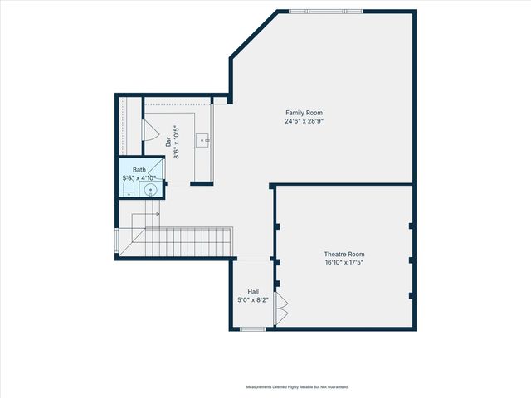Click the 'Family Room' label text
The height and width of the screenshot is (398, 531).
[x=304, y=113]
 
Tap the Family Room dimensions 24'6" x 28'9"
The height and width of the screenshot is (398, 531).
[x=304, y=121]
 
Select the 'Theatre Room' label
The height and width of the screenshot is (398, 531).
[x=343, y=254]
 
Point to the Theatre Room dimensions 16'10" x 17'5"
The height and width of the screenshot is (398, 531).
[x=343, y=262]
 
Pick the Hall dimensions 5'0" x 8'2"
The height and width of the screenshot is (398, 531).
[x=253, y=299]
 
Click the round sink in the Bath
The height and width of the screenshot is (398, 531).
[x=150, y=190]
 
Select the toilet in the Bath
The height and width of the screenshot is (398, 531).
[x=127, y=190]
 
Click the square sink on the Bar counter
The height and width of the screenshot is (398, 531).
[x=202, y=140]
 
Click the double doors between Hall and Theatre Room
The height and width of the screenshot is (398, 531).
[x=280, y=308]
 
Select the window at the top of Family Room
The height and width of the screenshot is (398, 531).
[x=325, y=11]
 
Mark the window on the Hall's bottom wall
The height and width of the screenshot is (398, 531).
[x=253, y=329]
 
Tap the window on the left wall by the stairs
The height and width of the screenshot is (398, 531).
[x=116, y=240]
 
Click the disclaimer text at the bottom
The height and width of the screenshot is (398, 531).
[x=297, y=386]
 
